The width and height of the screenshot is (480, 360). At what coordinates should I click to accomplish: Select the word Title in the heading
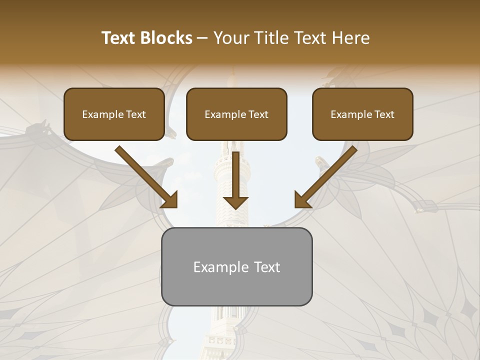click(272, 38)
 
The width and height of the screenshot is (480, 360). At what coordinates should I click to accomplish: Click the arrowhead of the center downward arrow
click(235, 202)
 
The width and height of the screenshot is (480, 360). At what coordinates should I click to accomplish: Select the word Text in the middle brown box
click(258, 114)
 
